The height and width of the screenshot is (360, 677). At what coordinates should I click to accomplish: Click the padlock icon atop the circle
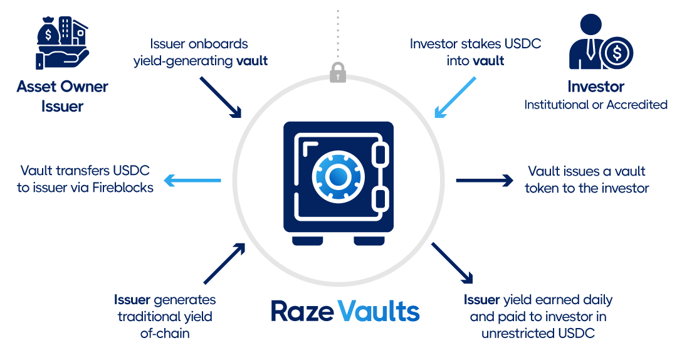pos(338,71)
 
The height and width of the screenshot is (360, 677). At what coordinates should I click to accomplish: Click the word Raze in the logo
pos(301,310)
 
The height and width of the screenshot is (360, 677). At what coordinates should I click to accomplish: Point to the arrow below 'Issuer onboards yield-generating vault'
pos(220,97)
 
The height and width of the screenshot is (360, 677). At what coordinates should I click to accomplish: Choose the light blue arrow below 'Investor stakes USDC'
pos(455,97)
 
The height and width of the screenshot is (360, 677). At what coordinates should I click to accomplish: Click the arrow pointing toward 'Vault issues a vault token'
pos(484,181)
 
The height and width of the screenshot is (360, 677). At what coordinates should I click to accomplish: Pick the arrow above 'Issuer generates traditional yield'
pos(224,263)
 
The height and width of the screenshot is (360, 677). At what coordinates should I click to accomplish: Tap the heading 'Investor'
pos(596,87)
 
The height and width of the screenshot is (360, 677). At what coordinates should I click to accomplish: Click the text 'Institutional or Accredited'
pos(596,105)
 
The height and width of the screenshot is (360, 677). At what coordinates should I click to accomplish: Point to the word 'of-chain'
pos(165,333)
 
